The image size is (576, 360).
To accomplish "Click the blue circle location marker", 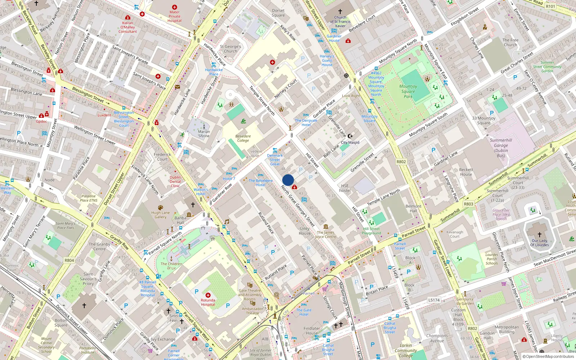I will pos(288,180).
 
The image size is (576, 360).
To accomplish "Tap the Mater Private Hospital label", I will pos(175,16).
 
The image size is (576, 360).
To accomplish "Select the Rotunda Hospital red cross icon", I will pos(208,295).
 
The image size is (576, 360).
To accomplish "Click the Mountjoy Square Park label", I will pos(408,91).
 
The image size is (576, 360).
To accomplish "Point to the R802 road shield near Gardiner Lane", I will pos(401,162).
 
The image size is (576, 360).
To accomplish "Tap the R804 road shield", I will pos(69,260).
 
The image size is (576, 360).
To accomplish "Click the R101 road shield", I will pos(550,6).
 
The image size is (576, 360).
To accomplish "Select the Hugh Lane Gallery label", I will pos(161,215).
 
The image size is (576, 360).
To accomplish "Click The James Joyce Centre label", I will pos(325,234).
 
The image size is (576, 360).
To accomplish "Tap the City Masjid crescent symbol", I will pos(350,136).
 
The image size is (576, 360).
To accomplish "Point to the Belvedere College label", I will pos(243,138).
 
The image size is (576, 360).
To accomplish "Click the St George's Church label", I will pos(230,49).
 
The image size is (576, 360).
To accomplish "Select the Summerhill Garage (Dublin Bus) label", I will pos(501,148).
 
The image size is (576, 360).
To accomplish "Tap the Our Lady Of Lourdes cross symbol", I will pos(539,234).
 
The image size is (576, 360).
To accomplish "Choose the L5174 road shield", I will pos(434,300).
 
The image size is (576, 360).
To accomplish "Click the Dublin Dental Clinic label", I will pos(175,181).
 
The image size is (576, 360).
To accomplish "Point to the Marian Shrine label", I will pos(204,134).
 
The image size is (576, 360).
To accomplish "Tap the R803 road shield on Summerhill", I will pos(468,204).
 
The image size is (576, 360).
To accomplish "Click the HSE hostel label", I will pos(345,188).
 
